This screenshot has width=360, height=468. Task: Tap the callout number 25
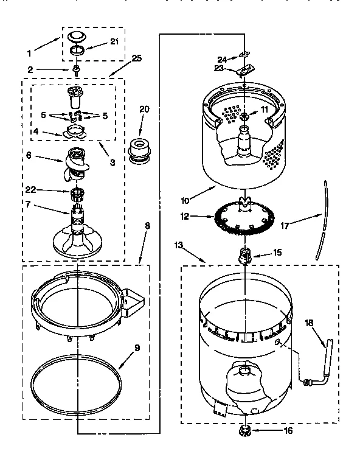click(136, 58)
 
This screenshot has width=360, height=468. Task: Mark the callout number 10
click(185, 200)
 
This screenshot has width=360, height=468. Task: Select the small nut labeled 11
click(244, 116)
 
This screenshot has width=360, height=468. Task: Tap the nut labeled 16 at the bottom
click(246, 431)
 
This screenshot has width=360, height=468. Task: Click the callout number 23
click(219, 68)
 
